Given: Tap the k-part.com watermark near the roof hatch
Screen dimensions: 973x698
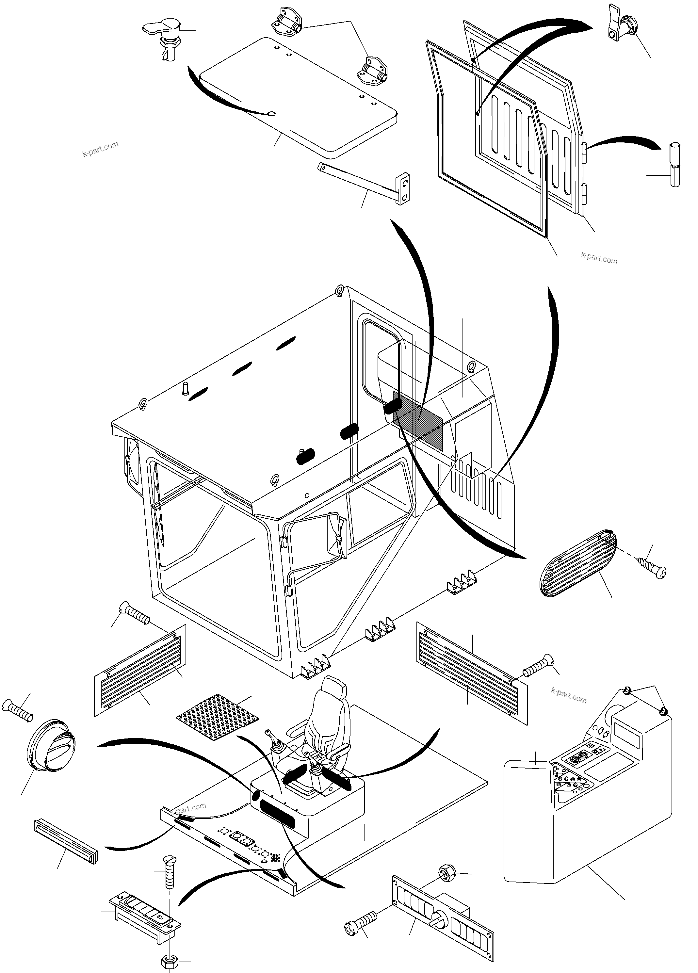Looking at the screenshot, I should (x=100, y=148).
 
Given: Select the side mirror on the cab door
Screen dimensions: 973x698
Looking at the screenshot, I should (x=336, y=536).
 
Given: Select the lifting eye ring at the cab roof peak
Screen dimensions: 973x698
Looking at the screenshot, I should (x=340, y=290).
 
